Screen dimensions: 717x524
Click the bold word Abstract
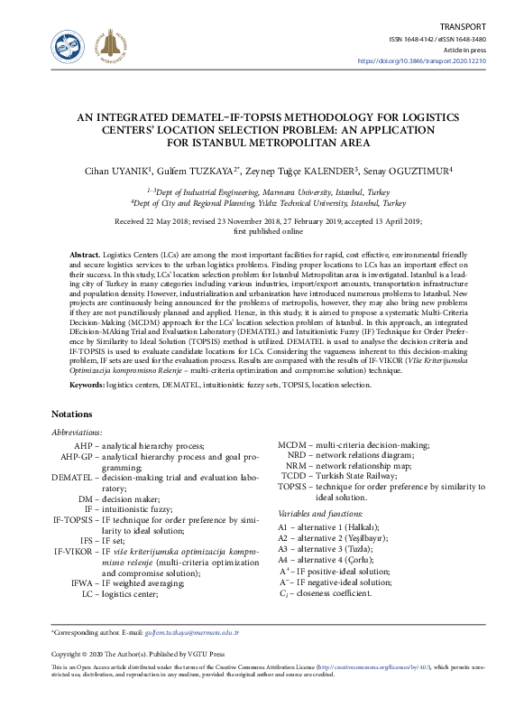86,256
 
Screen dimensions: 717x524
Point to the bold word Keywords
87,385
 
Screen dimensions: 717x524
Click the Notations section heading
78,414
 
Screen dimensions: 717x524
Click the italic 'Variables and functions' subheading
321,513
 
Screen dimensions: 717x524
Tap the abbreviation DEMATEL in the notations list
72,476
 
